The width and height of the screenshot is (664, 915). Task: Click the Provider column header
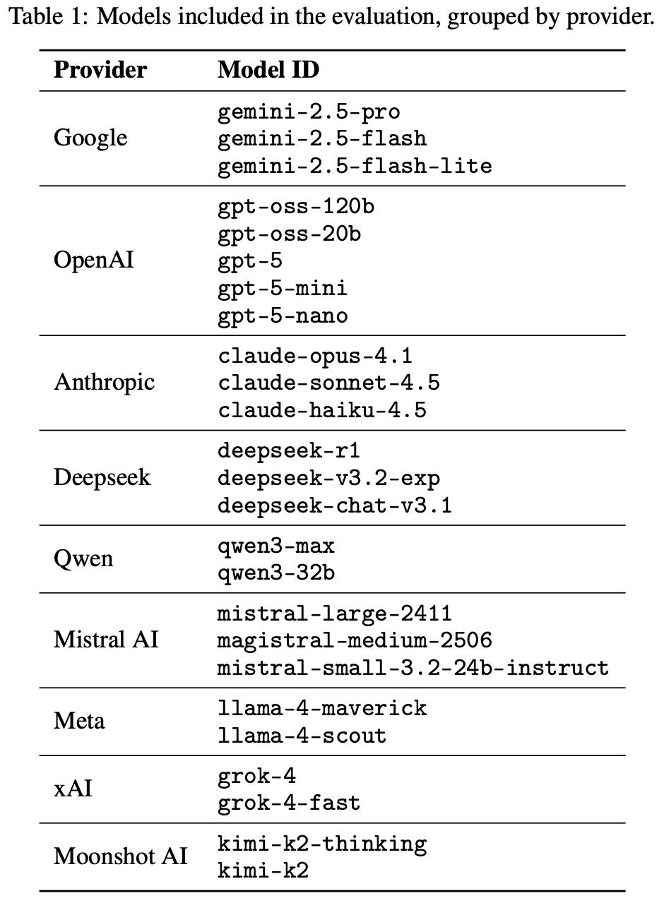pos(100,70)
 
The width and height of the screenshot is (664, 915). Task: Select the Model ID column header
pos(268,70)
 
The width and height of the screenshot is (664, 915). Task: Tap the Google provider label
pos(90,138)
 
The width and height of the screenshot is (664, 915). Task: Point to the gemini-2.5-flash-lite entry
pos(354,166)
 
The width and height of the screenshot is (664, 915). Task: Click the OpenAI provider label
pos(93,261)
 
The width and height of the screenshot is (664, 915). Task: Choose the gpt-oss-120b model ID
pos(296,206)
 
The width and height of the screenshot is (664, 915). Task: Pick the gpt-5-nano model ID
pos(283,316)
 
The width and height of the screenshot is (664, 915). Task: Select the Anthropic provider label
pos(104,382)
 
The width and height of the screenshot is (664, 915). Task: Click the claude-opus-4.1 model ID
pos(315,355)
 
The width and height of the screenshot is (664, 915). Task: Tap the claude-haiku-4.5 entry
pos(322,410)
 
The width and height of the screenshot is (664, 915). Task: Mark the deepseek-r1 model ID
pos(289,450)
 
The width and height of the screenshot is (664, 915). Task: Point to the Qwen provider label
pos(83,558)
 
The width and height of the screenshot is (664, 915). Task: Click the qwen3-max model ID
pos(276,546)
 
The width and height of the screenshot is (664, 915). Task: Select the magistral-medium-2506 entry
pos(354,640)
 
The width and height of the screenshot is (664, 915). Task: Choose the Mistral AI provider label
pos(106,640)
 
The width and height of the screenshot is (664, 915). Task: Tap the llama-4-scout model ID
pos(302,736)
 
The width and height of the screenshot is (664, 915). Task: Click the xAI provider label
pos(73,789)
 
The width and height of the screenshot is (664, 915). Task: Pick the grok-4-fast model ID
pos(289,803)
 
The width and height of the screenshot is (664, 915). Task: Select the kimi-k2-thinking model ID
pos(322,844)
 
